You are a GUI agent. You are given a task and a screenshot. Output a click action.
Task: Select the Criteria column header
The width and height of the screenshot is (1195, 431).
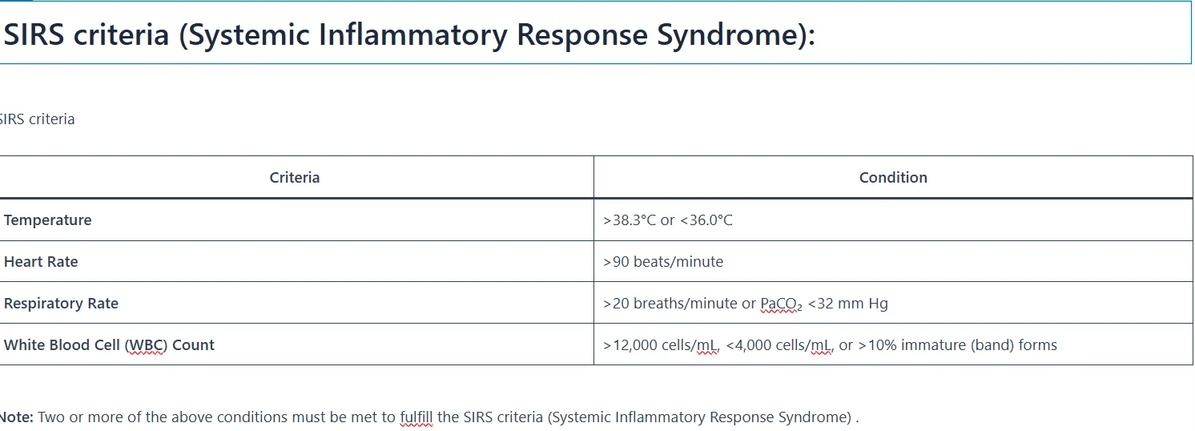click(x=294, y=178)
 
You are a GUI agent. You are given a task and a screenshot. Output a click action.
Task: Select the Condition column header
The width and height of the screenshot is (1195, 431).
click(x=893, y=178)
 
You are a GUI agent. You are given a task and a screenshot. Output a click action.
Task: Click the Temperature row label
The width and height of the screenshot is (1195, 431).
click(x=48, y=220)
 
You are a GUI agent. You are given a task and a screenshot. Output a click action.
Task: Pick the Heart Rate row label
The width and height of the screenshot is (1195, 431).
click(x=41, y=262)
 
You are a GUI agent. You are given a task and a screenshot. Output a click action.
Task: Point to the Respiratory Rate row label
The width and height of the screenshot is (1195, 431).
click(x=61, y=304)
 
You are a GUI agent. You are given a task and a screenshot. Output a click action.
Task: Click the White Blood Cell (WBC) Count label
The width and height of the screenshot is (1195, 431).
click(x=109, y=345)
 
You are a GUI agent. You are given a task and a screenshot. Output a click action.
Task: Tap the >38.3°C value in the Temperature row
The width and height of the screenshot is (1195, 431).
click(x=630, y=220)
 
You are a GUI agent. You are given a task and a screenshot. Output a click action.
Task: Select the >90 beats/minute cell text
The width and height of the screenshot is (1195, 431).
click(x=663, y=262)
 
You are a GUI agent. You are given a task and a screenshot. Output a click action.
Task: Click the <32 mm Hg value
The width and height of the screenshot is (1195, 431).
click(x=847, y=304)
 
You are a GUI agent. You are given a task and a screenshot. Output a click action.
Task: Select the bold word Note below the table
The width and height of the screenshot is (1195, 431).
click(x=16, y=417)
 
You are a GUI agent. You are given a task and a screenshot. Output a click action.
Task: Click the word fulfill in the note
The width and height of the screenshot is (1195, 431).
click(x=416, y=417)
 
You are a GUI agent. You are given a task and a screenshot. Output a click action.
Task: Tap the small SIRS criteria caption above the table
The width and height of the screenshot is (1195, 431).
click(x=37, y=119)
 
